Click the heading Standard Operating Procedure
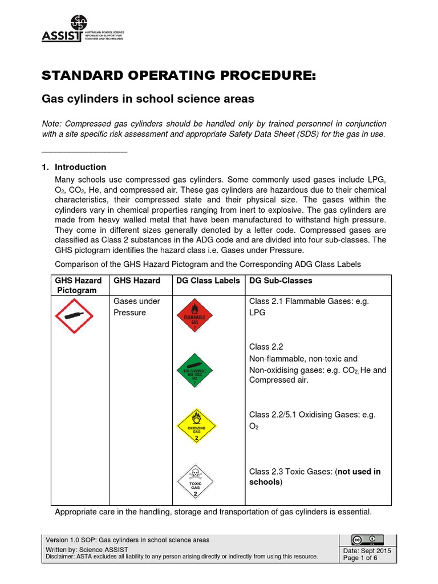tap(178, 76)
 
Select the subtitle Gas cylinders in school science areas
tap(148, 99)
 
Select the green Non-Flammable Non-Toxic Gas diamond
tap(194, 370)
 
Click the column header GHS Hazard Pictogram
tap(78, 285)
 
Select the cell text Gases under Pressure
tap(137, 307)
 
